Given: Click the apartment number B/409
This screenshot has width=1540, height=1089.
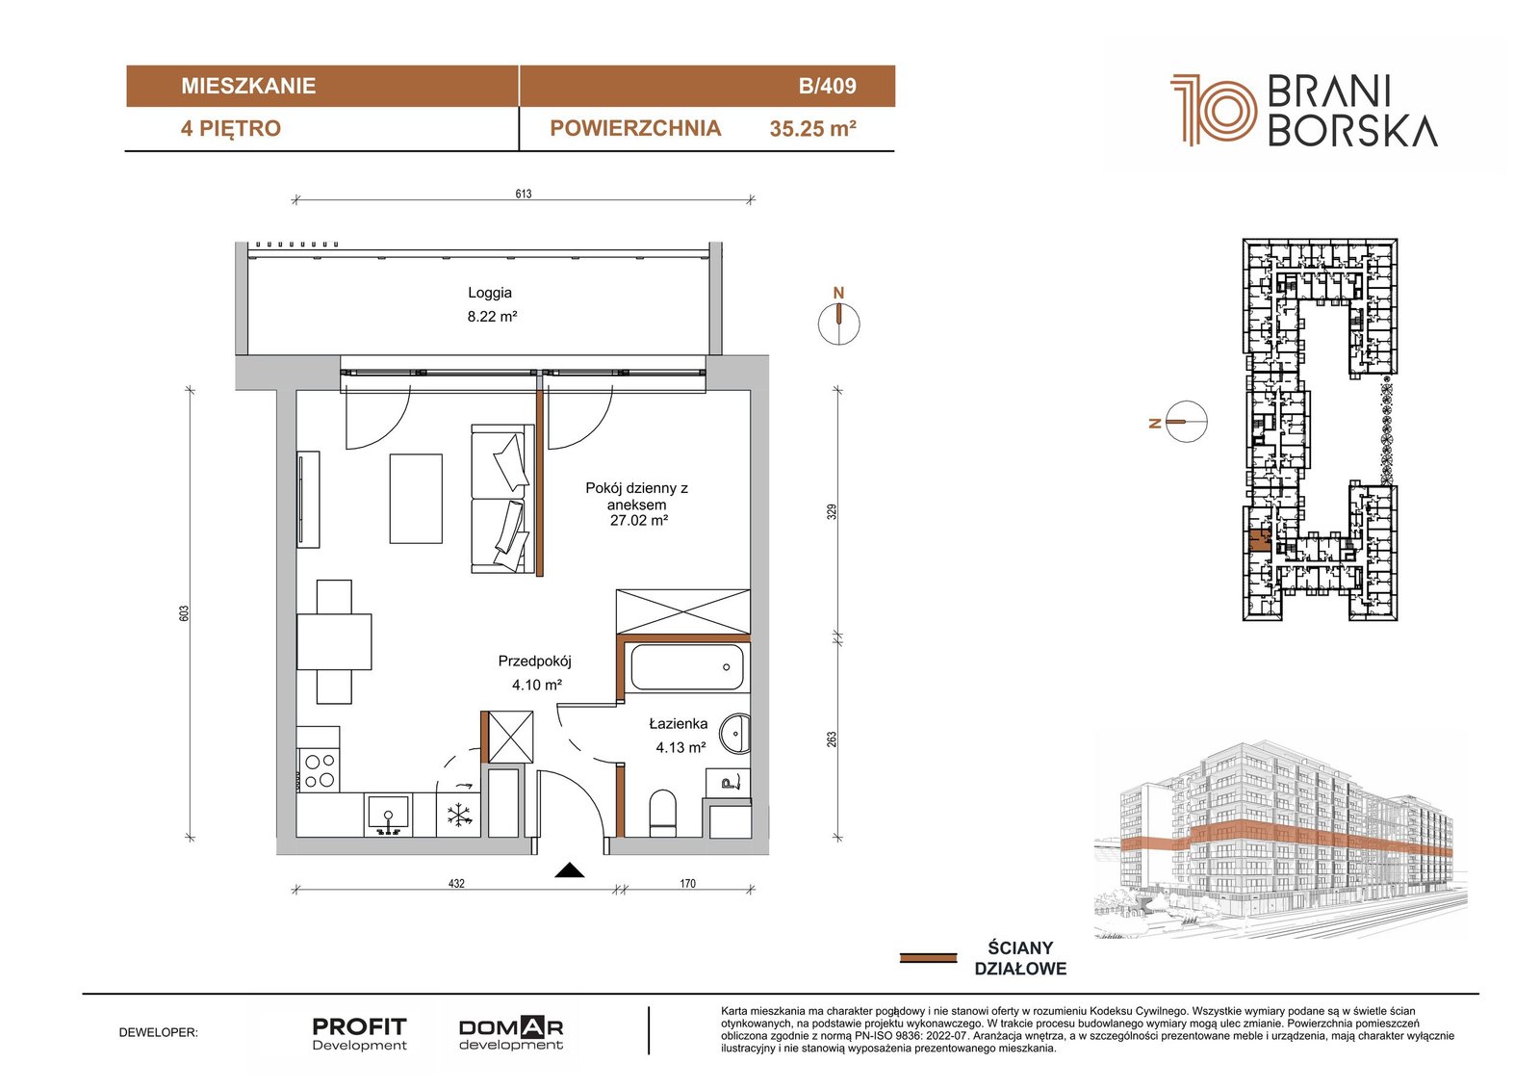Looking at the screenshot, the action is (827, 86).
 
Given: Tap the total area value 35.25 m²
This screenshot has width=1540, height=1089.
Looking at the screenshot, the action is (812, 129).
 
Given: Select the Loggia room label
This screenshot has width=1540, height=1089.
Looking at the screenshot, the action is (490, 293).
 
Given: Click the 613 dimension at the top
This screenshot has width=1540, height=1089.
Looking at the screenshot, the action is (524, 194).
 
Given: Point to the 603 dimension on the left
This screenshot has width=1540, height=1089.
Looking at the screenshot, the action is (183, 613).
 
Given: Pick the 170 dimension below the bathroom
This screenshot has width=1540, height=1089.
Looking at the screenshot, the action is (687, 883).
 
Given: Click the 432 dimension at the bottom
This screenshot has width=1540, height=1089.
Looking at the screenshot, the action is (456, 883).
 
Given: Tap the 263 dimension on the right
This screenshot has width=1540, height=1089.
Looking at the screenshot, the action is (832, 739).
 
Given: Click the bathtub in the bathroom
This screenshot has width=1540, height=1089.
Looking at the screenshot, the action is (687, 666).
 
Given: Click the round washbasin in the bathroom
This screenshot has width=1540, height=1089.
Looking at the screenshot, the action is (735, 734).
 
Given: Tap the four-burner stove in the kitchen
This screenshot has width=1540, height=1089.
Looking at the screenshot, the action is (320, 770).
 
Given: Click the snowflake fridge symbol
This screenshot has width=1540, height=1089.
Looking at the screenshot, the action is (458, 816).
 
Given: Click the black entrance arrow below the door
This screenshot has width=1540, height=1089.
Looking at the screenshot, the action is (570, 870).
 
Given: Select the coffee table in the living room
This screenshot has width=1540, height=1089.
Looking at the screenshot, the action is (416, 499).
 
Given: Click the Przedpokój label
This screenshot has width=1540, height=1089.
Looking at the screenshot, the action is (535, 661).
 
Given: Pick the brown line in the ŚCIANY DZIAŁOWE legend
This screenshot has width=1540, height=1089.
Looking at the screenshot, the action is (928, 958).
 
